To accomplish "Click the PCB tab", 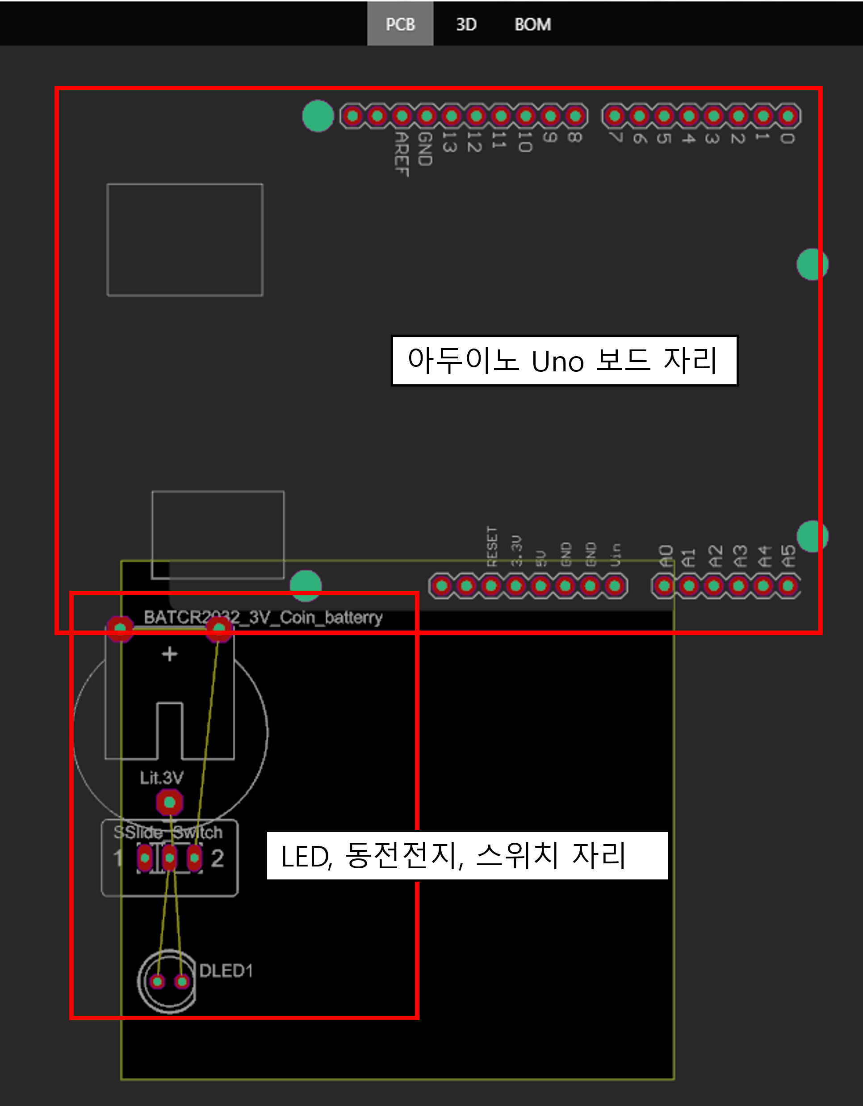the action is (400, 24).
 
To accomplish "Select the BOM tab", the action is (532, 24).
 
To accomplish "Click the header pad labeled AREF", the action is (402, 117).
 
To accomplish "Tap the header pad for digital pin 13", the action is (451, 117).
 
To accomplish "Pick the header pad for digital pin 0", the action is (788, 117).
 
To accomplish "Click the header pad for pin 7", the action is (615, 117).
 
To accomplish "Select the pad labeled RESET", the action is (491, 586).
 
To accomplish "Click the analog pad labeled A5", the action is (788, 586).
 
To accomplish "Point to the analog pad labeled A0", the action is (664, 586).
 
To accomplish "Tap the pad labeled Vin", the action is (615, 586).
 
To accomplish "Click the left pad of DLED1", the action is (157, 982).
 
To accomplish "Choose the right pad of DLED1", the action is (182, 982).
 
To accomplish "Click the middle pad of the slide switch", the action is (170, 858).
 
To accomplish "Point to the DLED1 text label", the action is (226, 971).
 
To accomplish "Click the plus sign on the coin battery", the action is (170, 654).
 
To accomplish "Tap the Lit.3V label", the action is (161, 778).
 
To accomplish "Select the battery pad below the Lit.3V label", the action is (170, 803).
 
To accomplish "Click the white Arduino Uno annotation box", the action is (564, 361).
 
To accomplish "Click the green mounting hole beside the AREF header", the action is (318, 116).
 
